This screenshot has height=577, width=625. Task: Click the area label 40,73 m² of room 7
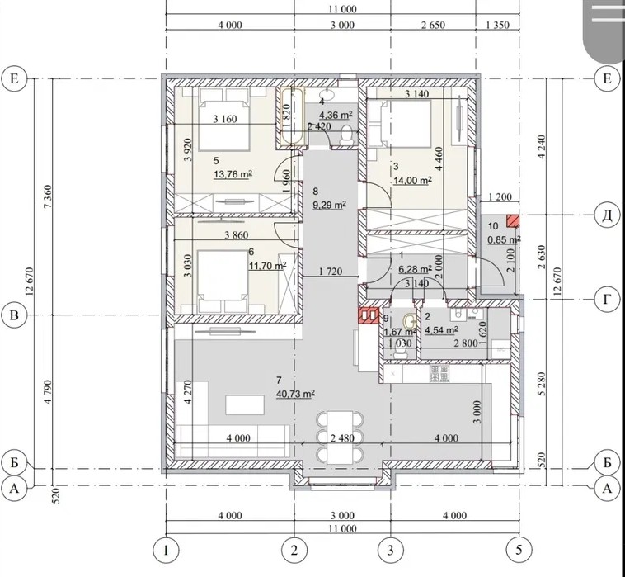tap(295, 394)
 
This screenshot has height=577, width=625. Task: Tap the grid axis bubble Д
tap(607, 215)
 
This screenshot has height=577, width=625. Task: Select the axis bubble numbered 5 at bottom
tap(519, 551)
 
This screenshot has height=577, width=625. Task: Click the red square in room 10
tap(513, 221)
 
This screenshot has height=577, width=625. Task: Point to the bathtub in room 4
tap(292, 117)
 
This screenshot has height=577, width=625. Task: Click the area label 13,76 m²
tap(233, 174)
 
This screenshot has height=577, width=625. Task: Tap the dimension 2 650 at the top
tap(433, 25)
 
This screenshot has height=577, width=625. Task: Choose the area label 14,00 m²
tap(413, 180)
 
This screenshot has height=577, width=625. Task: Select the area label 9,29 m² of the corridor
tap(329, 205)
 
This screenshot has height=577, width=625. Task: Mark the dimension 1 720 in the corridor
tap(331, 272)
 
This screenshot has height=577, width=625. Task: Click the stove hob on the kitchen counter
tap(439, 373)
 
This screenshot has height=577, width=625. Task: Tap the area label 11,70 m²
tap(268, 266)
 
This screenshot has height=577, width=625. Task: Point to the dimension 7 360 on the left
tap(47, 196)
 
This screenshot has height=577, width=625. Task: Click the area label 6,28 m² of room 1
tap(416, 269)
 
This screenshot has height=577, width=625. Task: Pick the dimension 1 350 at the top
tap(498, 25)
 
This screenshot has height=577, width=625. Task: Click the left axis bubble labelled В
tap(14, 315)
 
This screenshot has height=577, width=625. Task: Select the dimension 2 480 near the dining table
tap(342, 438)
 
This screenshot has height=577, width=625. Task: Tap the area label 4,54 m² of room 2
tap(441, 330)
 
